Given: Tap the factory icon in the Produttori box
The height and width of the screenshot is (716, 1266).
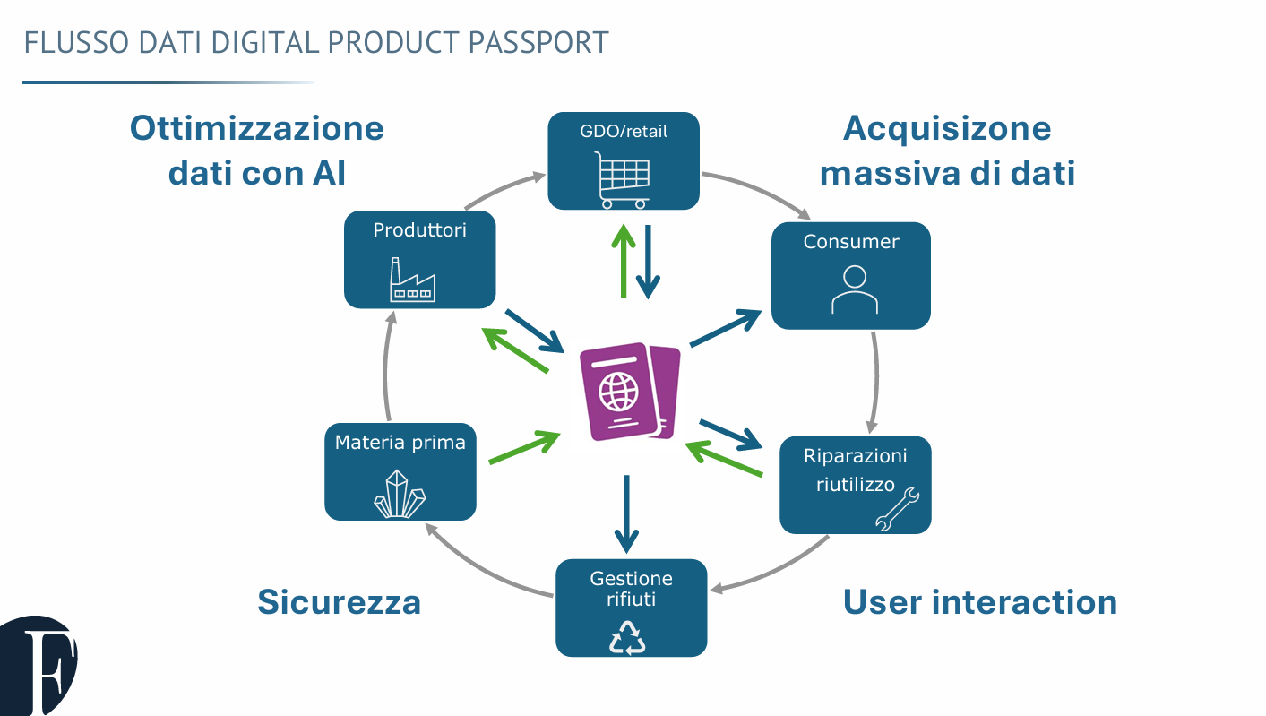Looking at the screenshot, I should tap(412, 280).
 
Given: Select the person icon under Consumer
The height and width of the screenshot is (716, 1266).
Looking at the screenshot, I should tap(854, 289).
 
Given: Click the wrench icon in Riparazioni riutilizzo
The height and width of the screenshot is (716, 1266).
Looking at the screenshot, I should tap(897, 509).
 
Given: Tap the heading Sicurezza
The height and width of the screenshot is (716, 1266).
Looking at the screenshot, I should tap(339, 602).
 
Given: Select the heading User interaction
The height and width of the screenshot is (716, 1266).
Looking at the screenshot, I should tap(979, 602).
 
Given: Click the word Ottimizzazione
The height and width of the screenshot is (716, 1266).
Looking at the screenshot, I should tap(257, 128).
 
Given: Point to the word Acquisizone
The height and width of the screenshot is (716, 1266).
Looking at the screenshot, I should tap(946, 128).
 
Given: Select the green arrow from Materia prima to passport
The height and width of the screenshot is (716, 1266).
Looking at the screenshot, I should tap(524, 447).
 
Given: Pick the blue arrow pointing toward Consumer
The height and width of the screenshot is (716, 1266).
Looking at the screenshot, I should tap(725, 328).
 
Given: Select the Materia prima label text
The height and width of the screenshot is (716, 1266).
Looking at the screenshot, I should tap(400, 443).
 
